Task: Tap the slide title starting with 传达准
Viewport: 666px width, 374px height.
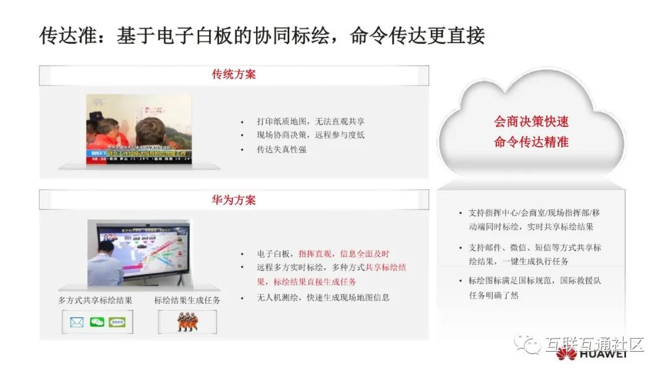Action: [x=262, y=35]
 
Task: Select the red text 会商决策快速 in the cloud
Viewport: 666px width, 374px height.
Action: [x=531, y=121]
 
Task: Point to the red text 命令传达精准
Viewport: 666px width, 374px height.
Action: [x=531, y=142]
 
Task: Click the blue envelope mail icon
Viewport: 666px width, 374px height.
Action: [x=76, y=322]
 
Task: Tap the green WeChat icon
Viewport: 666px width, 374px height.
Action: [x=97, y=322]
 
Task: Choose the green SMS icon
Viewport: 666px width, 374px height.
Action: [x=117, y=322]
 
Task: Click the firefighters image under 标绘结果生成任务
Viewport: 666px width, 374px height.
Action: [x=187, y=322]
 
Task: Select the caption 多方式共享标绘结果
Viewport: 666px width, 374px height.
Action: [x=95, y=300]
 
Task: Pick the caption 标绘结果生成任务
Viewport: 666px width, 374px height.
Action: [x=187, y=300]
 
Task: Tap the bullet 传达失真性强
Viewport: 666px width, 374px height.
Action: [x=281, y=149]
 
